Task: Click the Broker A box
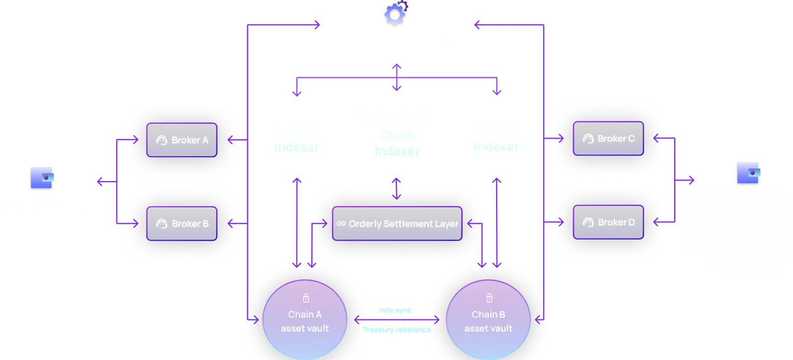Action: point(182,140)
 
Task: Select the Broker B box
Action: point(182,224)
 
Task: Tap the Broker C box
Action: point(608,139)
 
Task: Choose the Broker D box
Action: point(608,222)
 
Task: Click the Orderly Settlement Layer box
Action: point(397,224)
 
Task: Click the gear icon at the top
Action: point(395,15)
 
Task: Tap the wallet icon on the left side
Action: point(42,178)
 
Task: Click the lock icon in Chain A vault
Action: point(306,298)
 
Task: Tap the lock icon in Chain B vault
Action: point(489,298)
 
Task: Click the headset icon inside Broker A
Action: point(162,140)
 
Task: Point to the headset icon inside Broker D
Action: point(588,222)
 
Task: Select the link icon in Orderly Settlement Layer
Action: point(341,224)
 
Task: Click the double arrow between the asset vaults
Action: point(396,320)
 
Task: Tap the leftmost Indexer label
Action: point(296,147)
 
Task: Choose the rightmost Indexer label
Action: point(496,147)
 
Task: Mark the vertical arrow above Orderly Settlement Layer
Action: point(396,188)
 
